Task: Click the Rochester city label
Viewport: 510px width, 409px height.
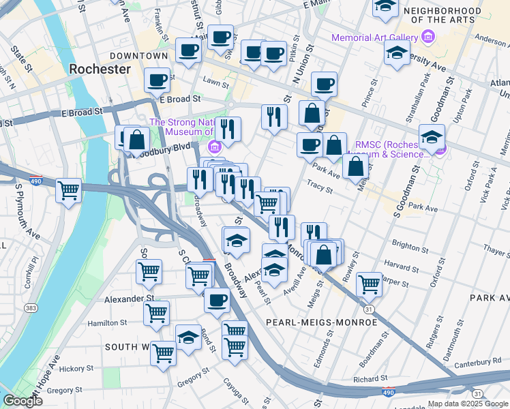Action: click(100, 69)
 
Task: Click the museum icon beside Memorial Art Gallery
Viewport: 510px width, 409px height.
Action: click(426, 37)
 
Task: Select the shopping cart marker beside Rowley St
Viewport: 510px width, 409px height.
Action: click(369, 284)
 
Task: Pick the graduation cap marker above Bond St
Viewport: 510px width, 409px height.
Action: click(189, 337)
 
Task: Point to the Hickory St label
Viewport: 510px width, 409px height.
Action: click(75, 369)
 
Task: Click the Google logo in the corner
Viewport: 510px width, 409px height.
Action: click(23, 401)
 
